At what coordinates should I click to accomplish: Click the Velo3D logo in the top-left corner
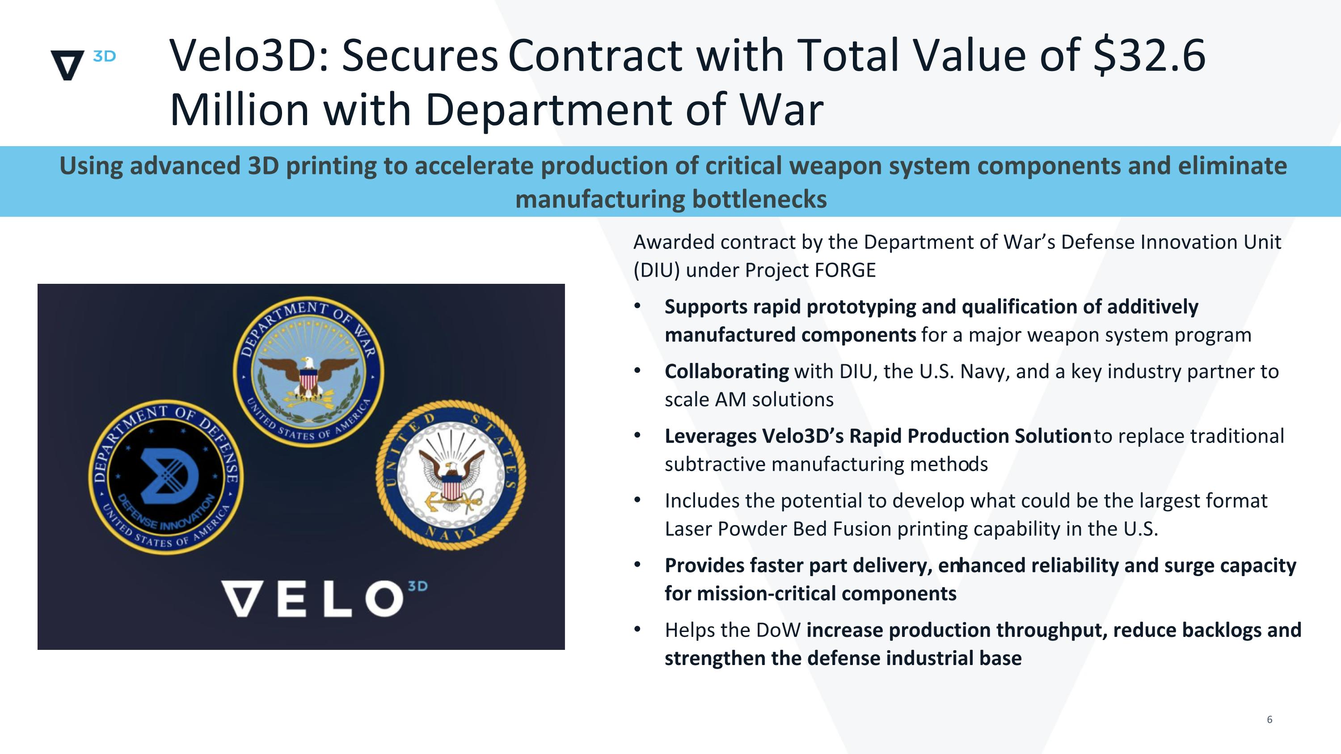(82, 64)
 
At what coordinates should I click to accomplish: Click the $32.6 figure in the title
(1149, 56)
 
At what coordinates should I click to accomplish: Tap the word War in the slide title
(781, 110)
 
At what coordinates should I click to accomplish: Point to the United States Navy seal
(451, 475)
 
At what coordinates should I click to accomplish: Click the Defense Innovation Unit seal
(165, 476)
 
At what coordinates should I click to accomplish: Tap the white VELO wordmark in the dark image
(312, 598)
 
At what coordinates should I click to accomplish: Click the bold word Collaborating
(727, 371)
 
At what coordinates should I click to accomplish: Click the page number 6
(1269, 720)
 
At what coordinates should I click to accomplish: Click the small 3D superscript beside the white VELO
(417, 586)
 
